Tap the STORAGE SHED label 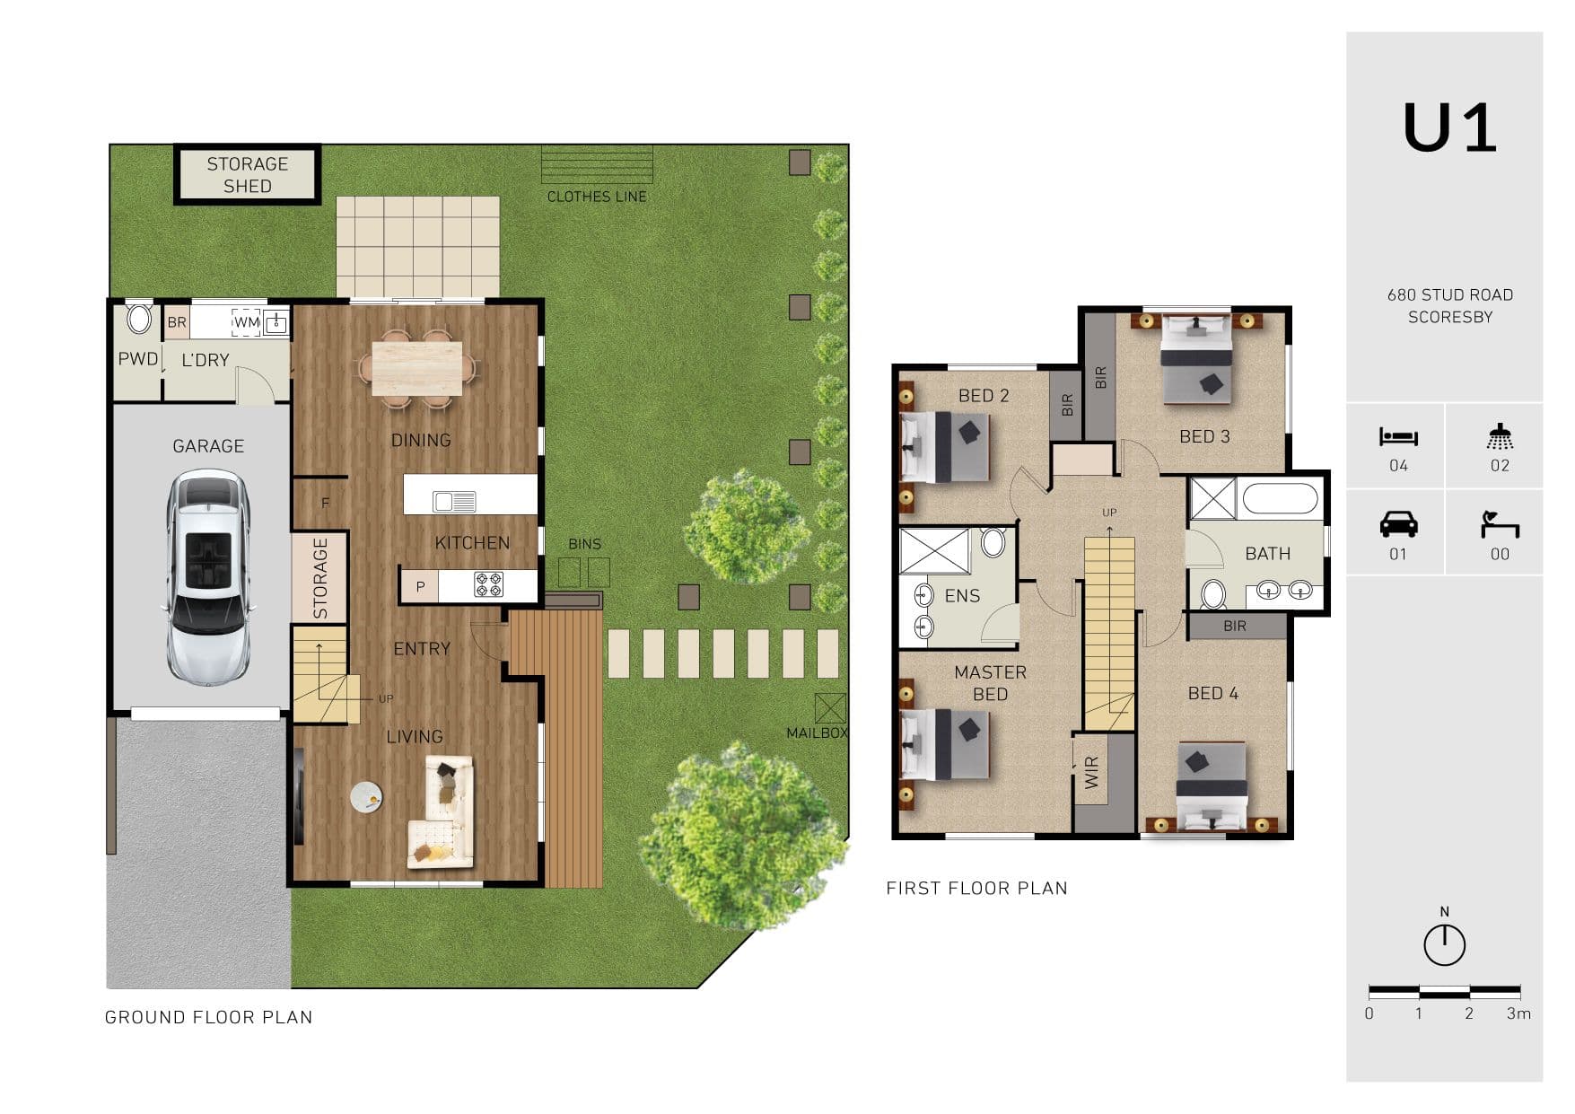coord(247,175)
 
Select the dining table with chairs coord(417,368)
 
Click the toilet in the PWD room coord(139,319)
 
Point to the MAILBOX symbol coord(830,708)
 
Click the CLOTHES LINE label coord(597,197)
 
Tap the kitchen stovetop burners coord(489,585)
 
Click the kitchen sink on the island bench coord(454,501)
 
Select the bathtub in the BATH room coord(1279,499)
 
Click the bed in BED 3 coord(1195,359)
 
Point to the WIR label coord(1092,772)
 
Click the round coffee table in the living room coord(366,797)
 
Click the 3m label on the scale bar coord(1518,1013)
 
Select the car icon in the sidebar coord(1398,523)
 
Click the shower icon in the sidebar coord(1500,436)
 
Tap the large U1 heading coord(1449,128)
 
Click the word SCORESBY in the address coord(1450,317)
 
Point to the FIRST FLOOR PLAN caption coord(976,889)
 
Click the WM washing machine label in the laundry coord(247,321)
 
